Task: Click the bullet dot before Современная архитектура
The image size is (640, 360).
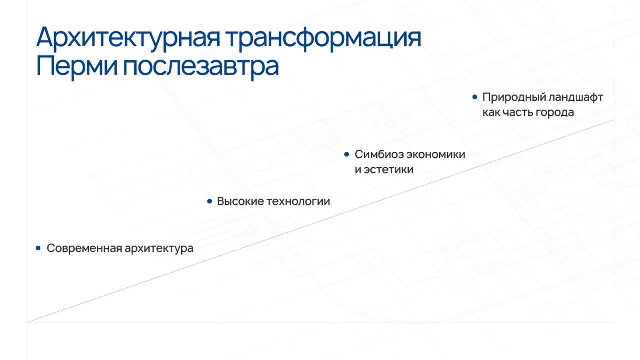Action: coord(38,248)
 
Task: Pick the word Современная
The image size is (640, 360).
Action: coord(84,248)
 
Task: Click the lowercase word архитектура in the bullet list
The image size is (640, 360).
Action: coord(159,249)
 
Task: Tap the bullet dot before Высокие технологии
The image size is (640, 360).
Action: coord(209,201)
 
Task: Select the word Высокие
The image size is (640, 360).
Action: coord(240,201)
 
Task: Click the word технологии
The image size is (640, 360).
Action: coord(298,202)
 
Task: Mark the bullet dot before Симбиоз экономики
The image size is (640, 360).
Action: coord(347,154)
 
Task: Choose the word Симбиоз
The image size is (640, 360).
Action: coord(379,154)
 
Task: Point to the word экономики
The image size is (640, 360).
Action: coord(436,155)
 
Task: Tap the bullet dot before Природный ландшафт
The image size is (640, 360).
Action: coord(475,97)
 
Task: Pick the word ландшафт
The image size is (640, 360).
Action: coord(576,97)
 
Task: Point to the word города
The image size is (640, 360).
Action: coord(555,113)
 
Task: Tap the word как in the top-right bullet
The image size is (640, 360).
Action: coord(491,112)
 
